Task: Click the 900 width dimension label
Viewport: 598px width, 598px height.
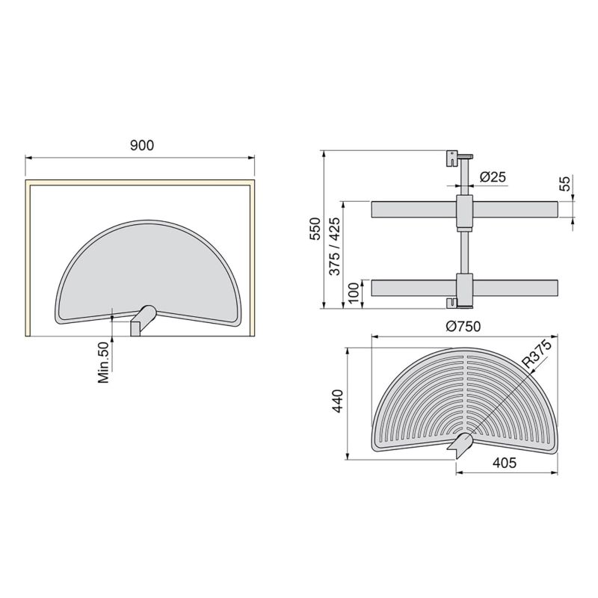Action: click(141, 147)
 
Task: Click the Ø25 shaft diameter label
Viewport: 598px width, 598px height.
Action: click(494, 177)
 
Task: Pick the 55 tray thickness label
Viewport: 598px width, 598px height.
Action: click(565, 183)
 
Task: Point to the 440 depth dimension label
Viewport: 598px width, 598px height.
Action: click(339, 403)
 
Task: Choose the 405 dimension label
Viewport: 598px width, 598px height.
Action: click(506, 463)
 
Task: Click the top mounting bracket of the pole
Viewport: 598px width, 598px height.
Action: click(455, 157)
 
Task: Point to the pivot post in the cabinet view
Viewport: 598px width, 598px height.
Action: click(143, 321)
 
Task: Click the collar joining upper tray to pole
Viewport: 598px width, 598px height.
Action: click(463, 212)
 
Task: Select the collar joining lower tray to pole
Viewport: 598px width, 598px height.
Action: click(463, 287)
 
